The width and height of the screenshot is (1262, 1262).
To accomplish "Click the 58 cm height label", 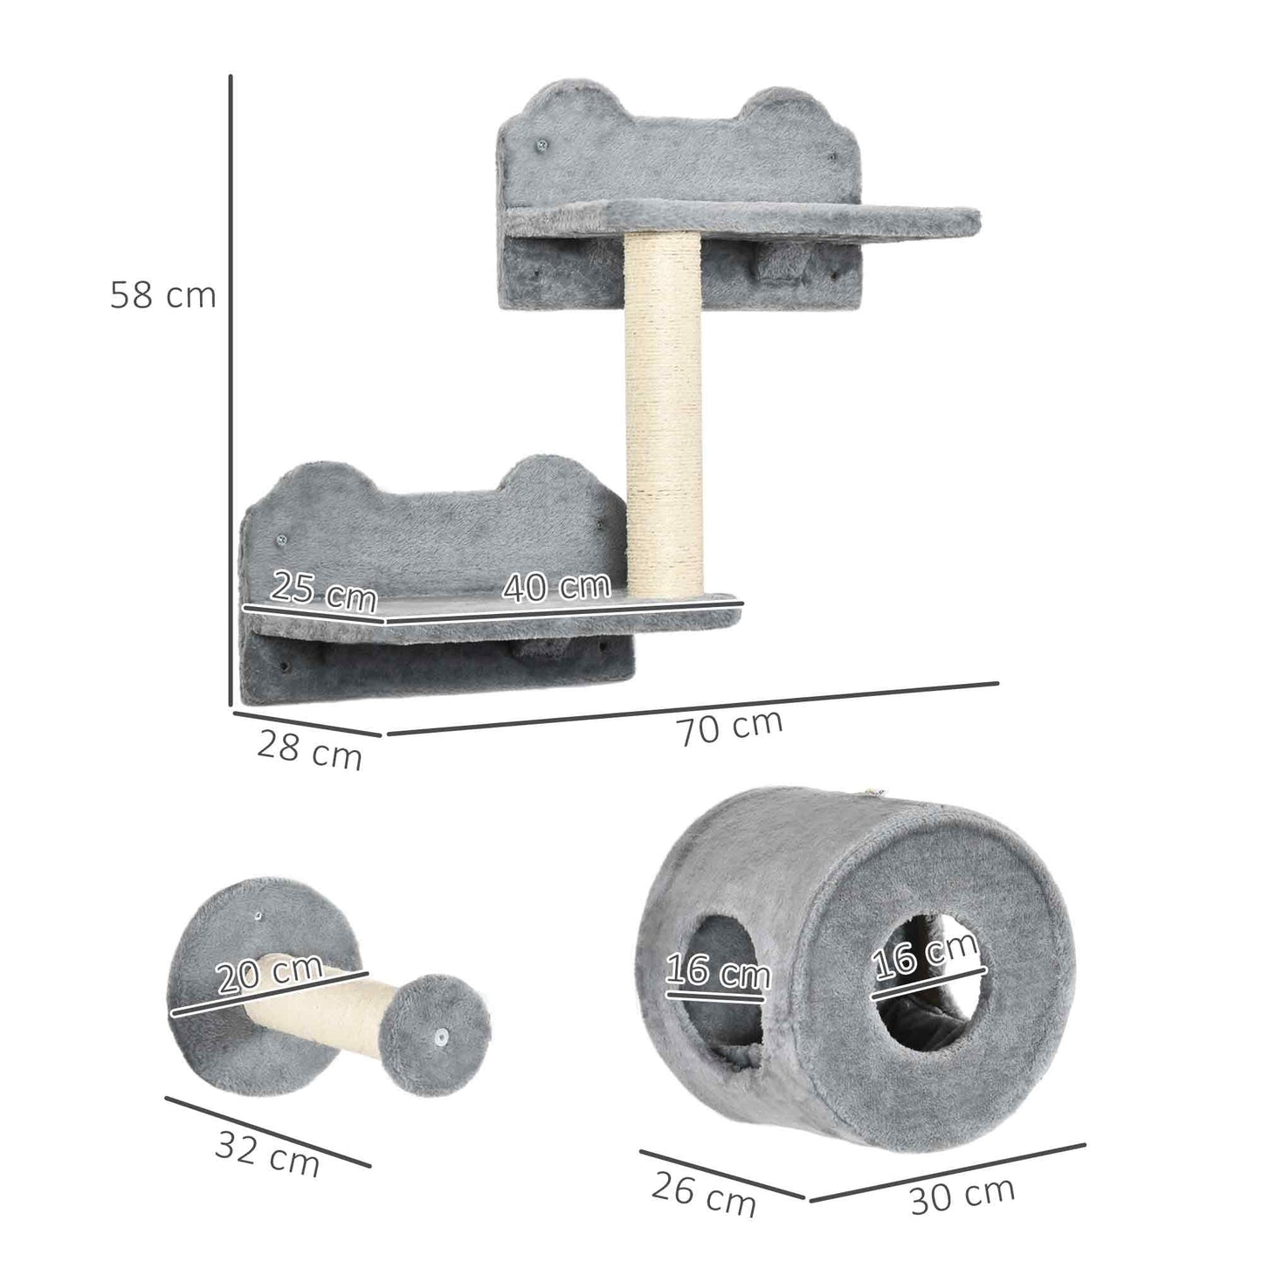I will click(x=163, y=295).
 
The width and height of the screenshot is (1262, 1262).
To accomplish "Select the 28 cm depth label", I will click(x=309, y=750).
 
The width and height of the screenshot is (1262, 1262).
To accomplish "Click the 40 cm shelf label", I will click(x=555, y=587).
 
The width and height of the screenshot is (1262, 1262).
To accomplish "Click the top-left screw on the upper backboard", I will click(x=540, y=142).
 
